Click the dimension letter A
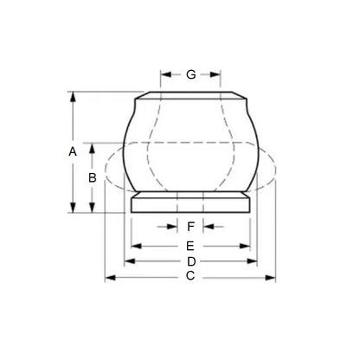pyautogui.click(x=73, y=151)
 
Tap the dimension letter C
pyautogui.click(x=190, y=277)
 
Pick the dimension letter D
pyautogui.click(x=191, y=261)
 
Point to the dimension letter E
pyautogui.click(x=191, y=246)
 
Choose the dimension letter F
pyautogui.click(x=191, y=228)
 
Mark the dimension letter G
pyautogui.click(x=190, y=74)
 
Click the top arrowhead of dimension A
pyautogui.click(x=73, y=95)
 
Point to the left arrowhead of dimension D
pyautogui.click(x=130, y=261)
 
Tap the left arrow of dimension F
pyautogui.click(x=171, y=228)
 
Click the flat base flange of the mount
pyautogui.click(x=191, y=204)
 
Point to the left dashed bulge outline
pyautogui.click(x=112, y=170)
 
